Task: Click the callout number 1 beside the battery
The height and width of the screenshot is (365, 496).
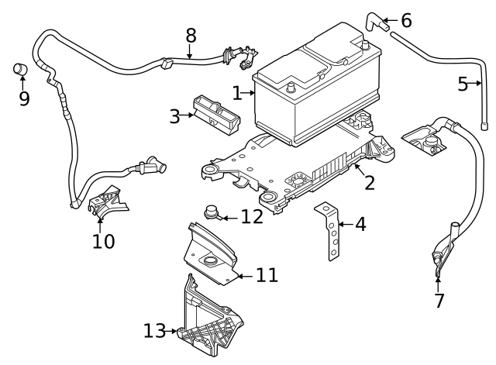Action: coord(237,93)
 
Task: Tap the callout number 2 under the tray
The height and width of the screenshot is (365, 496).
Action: coord(370,183)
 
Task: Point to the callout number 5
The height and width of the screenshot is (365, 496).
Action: coord(463,84)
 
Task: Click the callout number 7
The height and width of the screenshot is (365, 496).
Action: coord(439,300)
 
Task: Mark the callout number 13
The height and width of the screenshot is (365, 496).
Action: coord(154,331)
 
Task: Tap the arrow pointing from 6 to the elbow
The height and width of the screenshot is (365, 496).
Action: coord(389,20)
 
